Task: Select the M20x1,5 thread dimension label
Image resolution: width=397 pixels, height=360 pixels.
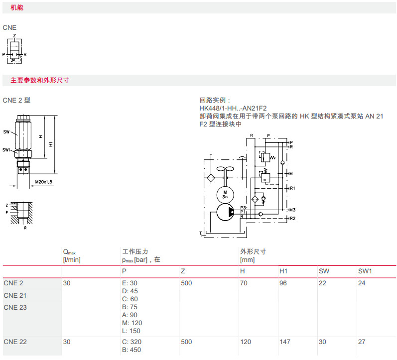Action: tap(44, 182)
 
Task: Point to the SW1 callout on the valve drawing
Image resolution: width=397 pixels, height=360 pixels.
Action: tap(6, 149)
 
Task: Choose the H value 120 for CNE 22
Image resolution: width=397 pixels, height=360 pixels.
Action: tap(246, 342)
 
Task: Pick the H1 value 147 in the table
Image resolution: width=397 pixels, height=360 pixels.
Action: tap(284, 342)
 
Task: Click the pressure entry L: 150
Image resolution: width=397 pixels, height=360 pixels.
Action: tap(131, 331)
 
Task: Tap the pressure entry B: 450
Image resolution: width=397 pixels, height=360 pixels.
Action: tap(131, 350)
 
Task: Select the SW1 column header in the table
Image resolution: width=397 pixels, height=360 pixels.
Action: tap(365, 271)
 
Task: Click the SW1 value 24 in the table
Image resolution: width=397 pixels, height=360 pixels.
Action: tap(362, 283)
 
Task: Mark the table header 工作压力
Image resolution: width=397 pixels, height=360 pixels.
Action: tap(135, 251)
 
